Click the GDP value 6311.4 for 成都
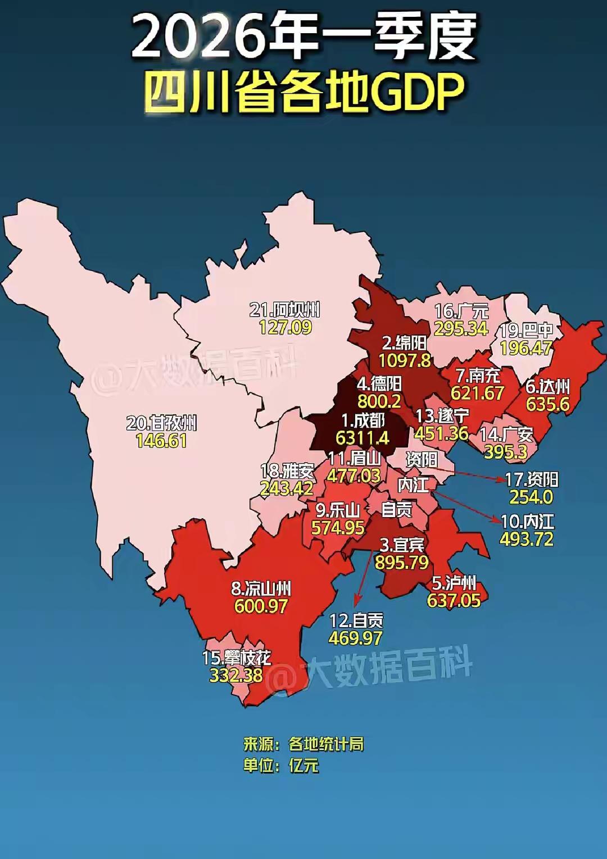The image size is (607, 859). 363,437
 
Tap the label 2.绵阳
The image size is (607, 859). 404,342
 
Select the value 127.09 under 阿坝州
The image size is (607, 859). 285,327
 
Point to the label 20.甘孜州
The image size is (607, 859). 161,423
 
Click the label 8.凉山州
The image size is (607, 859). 261,588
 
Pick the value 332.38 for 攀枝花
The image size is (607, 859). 236,675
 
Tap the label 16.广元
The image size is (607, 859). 461,311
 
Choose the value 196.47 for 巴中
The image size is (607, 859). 526,348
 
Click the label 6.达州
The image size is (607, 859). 547,386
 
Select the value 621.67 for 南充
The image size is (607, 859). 477,393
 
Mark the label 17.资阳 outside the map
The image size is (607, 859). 531,479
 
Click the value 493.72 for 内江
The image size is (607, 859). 527,539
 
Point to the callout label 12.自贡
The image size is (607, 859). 356,620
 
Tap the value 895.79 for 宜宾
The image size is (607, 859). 402,562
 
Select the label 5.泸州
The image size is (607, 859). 454,583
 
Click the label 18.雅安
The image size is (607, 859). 287,470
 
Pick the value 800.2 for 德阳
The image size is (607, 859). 379,401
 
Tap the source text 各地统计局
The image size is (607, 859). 326,744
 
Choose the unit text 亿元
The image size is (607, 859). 304,765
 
